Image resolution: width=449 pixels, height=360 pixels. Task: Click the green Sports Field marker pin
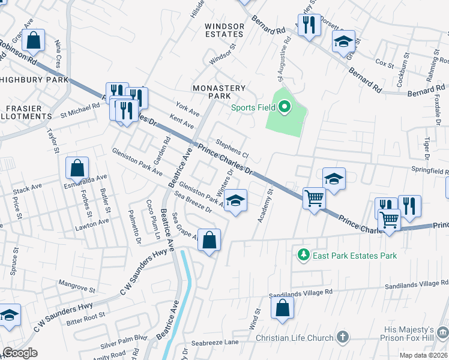(x=285, y=108)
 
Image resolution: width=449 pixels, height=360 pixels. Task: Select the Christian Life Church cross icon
(x=343, y=338)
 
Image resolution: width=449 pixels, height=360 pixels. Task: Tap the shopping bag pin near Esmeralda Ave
(x=77, y=169)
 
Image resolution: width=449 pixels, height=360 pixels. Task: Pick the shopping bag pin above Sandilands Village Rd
(x=283, y=308)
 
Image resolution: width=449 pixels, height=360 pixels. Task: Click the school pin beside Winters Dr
(x=236, y=201)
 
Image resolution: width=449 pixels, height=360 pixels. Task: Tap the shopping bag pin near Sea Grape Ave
(x=209, y=241)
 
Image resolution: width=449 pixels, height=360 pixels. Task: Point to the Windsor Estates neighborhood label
(x=224, y=31)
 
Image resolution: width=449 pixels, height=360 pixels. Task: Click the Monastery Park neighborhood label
(x=219, y=92)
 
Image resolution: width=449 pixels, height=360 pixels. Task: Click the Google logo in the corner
(x=20, y=353)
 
